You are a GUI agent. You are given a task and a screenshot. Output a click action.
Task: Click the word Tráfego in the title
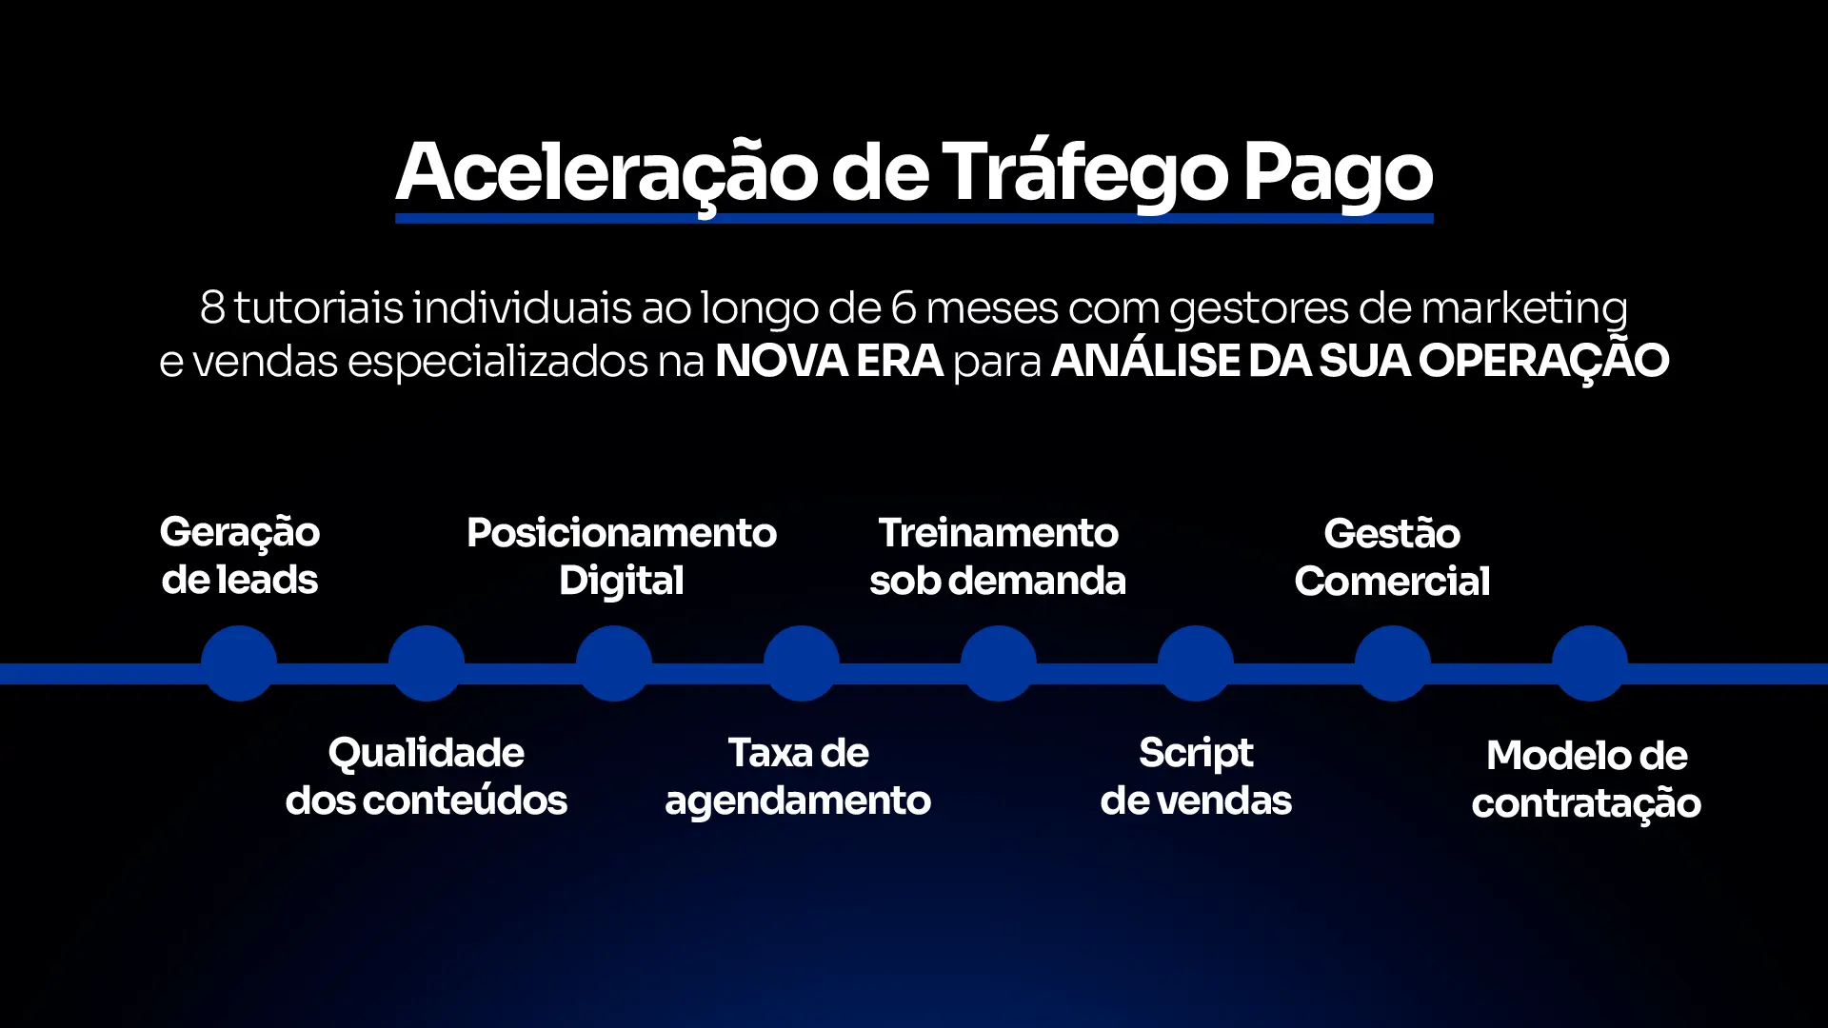coord(1084,173)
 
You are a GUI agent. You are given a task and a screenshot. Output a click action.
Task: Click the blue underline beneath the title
coord(914,219)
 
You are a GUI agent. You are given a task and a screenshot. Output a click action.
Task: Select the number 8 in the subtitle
coord(212,307)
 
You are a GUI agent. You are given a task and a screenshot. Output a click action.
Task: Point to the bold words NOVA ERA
coord(829,361)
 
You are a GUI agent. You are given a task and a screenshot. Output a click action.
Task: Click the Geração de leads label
coord(240,557)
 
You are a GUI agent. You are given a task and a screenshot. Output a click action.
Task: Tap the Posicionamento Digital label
coord(622,558)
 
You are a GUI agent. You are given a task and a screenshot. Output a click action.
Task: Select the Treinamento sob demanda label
coord(998,557)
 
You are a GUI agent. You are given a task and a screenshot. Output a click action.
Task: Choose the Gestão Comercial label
coord(1392,558)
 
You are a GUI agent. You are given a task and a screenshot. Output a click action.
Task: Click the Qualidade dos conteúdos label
coord(427,777)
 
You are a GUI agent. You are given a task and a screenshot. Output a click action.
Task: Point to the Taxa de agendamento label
coord(798,778)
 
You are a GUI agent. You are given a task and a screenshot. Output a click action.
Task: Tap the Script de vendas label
coord(1196,778)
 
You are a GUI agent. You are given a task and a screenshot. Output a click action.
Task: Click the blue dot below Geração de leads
coord(239,663)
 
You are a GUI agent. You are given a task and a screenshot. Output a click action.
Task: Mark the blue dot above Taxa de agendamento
coord(802,663)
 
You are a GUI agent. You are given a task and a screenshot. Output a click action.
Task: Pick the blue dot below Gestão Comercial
coord(1393,663)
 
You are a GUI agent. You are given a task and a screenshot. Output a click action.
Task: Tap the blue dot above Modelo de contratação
coord(1590,663)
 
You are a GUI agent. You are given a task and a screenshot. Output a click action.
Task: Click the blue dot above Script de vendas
coord(1196,663)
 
